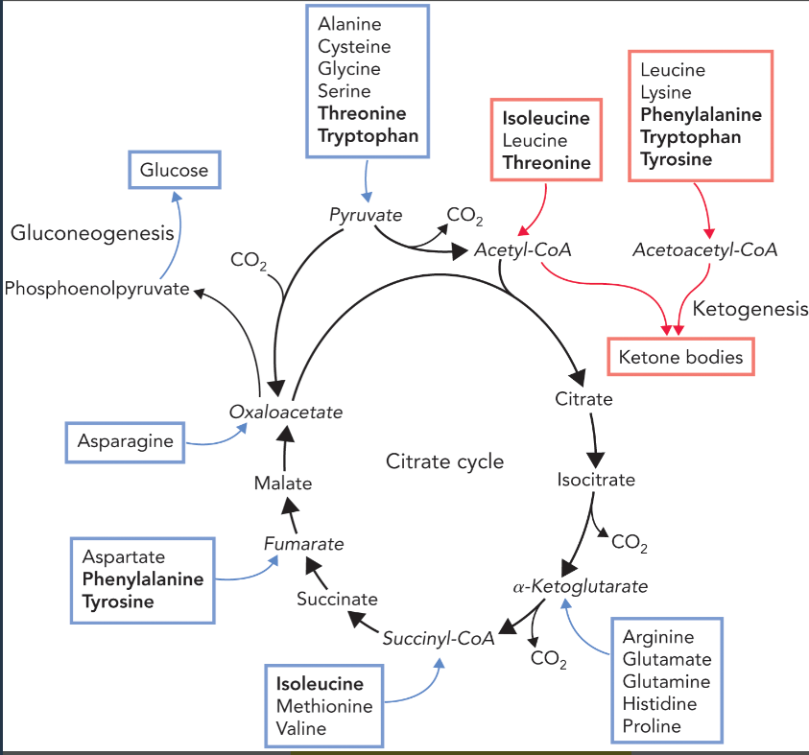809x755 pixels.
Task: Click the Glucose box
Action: click(174, 171)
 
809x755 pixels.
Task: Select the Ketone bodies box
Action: click(680, 358)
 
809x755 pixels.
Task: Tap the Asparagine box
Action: click(126, 441)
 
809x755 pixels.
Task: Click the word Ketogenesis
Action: click(750, 309)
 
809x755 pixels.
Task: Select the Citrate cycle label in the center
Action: click(444, 461)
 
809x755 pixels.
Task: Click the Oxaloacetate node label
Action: click(285, 412)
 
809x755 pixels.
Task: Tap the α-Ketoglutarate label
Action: click(580, 585)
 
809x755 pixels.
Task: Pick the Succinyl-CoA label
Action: click(438, 639)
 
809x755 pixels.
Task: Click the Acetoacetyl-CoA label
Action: click(704, 250)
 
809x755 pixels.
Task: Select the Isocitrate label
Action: click(595, 479)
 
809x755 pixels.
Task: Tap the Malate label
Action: click(283, 484)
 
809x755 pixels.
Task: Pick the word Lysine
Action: click(665, 92)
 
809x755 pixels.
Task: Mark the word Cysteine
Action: click(354, 46)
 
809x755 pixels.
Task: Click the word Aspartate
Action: click(123, 556)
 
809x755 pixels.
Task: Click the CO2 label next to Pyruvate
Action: click(465, 216)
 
